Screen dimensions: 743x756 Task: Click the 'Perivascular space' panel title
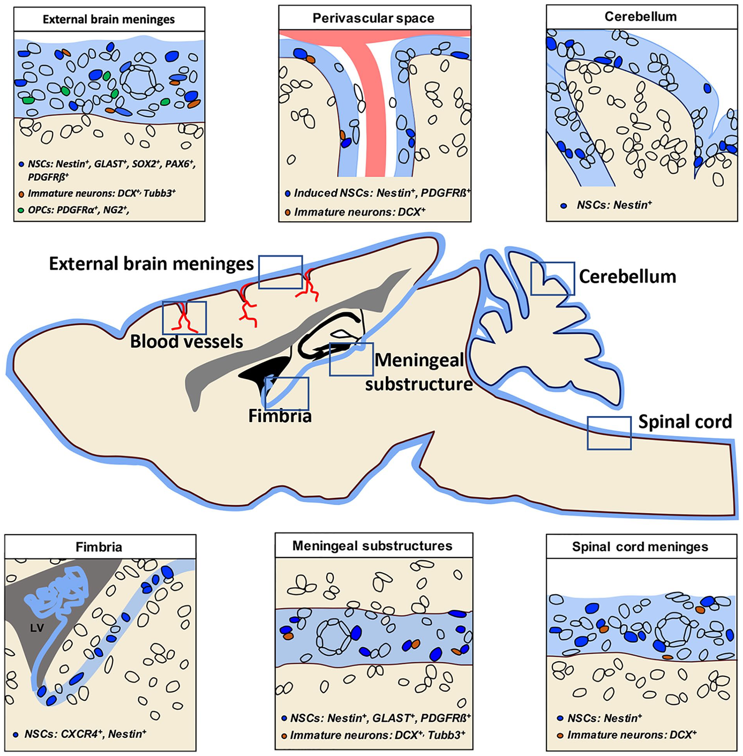pyautogui.click(x=373, y=18)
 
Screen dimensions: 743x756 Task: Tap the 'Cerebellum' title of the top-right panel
pyautogui.click(x=641, y=16)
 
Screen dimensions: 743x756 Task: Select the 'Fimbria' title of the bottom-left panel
pyautogui.click(x=99, y=547)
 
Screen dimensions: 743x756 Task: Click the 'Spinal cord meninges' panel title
pyautogui.click(x=640, y=546)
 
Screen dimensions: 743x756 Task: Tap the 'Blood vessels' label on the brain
pyautogui.click(x=187, y=341)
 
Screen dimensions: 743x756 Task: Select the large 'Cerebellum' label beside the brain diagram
pyautogui.click(x=627, y=276)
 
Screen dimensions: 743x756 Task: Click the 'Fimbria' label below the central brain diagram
pyautogui.click(x=280, y=416)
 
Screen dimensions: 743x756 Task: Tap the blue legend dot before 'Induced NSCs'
pyautogui.click(x=287, y=193)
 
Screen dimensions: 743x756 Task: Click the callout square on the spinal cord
pyautogui.click(x=609, y=433)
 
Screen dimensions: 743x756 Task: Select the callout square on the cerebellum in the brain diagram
pyautogui.click(x=552, y=278)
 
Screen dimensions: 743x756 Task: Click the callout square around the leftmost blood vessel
pyautogui.click(x=184, y=318)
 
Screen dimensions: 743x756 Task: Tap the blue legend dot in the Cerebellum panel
pyautogui.click(x=563, y=205)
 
